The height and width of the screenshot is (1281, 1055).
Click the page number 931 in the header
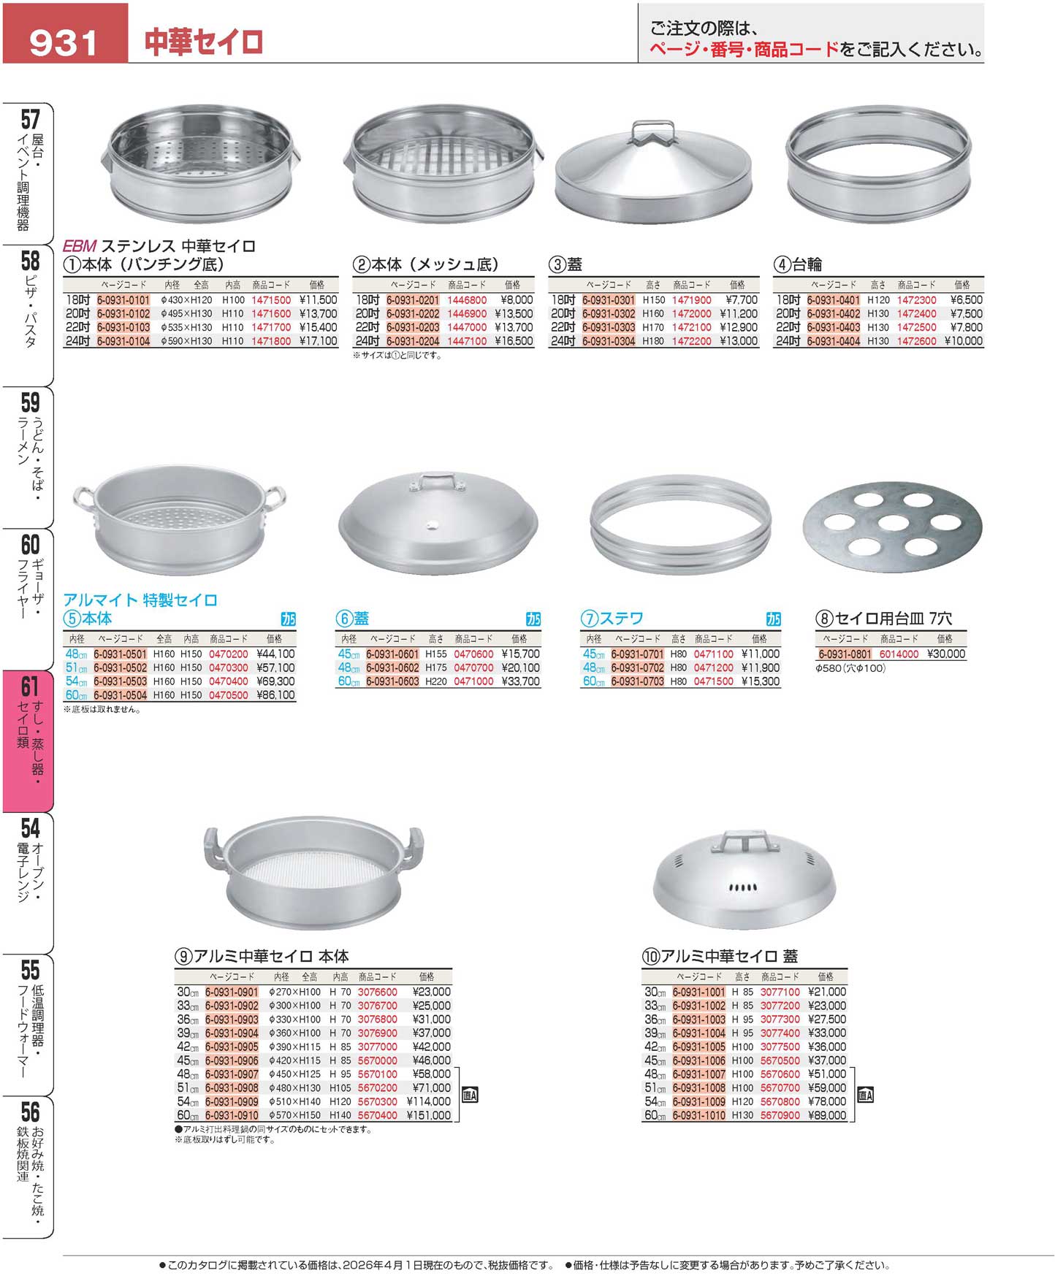point(64,42)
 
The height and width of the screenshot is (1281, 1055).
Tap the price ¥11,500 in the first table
point(319,300)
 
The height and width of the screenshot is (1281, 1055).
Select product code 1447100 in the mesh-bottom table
point(467,341)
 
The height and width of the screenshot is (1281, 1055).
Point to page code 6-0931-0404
point(834,341)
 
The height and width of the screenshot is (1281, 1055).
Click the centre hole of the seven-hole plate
point(892,524)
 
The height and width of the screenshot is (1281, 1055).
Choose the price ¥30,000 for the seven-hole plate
point(946,654)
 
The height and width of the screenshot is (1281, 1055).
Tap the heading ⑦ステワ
point(612,619)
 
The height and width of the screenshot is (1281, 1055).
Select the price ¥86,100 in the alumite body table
point(276,695)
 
